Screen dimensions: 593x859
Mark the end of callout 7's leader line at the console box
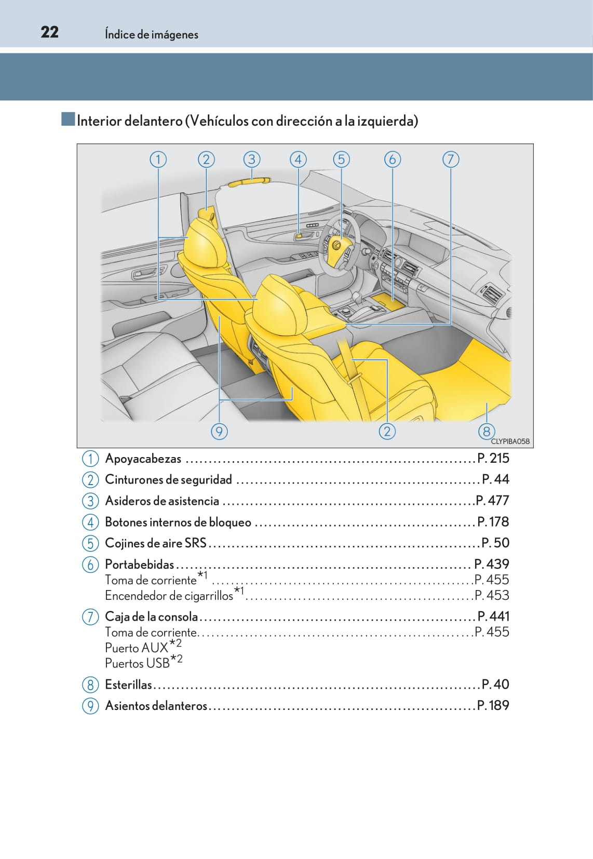pyautogui.click(x=346, y=325)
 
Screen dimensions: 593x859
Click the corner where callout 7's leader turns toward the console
pyautogui.click(x=451, y=325)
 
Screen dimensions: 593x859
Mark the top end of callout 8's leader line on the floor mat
pyautogui.click(x=487, y=403)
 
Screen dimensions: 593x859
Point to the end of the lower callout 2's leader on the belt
pyautogui.click(x=352, y=360)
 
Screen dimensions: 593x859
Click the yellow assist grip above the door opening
pyautogui.click(x=249, y=182)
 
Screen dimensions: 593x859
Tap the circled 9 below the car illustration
pyautogui.click(x=219, y=432)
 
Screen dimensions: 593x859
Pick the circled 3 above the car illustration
pyautogui.click(x=252, y=159)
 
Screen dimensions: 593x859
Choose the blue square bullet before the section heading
pyautogui.click(x=68, y=119)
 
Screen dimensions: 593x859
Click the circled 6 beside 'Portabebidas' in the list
pyautogui.click(x=90, y=565)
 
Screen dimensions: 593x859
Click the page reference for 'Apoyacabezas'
pyautogui.click(x=493, y=458)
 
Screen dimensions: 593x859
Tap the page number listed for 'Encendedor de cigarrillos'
pyautogui.click(x=492, y=595)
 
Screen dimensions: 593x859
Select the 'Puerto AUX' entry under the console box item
pyautogui.click(x=143, y=647)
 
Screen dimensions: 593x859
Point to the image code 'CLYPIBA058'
pyautogui.click(x=510, y=441)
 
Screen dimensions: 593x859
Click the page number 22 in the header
pyautogui.click(x=49, y=32)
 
